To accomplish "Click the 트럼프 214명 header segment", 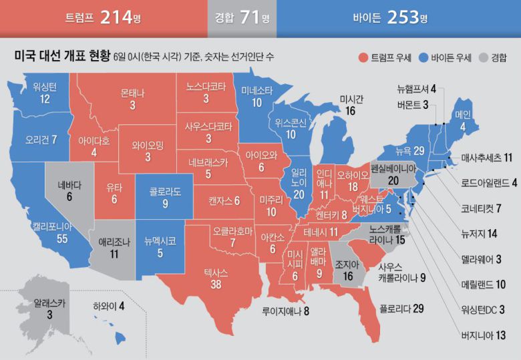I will [x=103, y=18].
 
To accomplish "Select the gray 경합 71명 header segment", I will [x=241, y=18].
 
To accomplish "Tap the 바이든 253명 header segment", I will [x=397, y=18].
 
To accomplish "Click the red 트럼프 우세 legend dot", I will [x=363, y=57].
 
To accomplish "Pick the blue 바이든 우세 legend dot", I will [x=423, y=57].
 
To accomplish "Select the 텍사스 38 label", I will [x=216, y=277].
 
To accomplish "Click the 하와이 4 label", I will [x=108, y=307].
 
